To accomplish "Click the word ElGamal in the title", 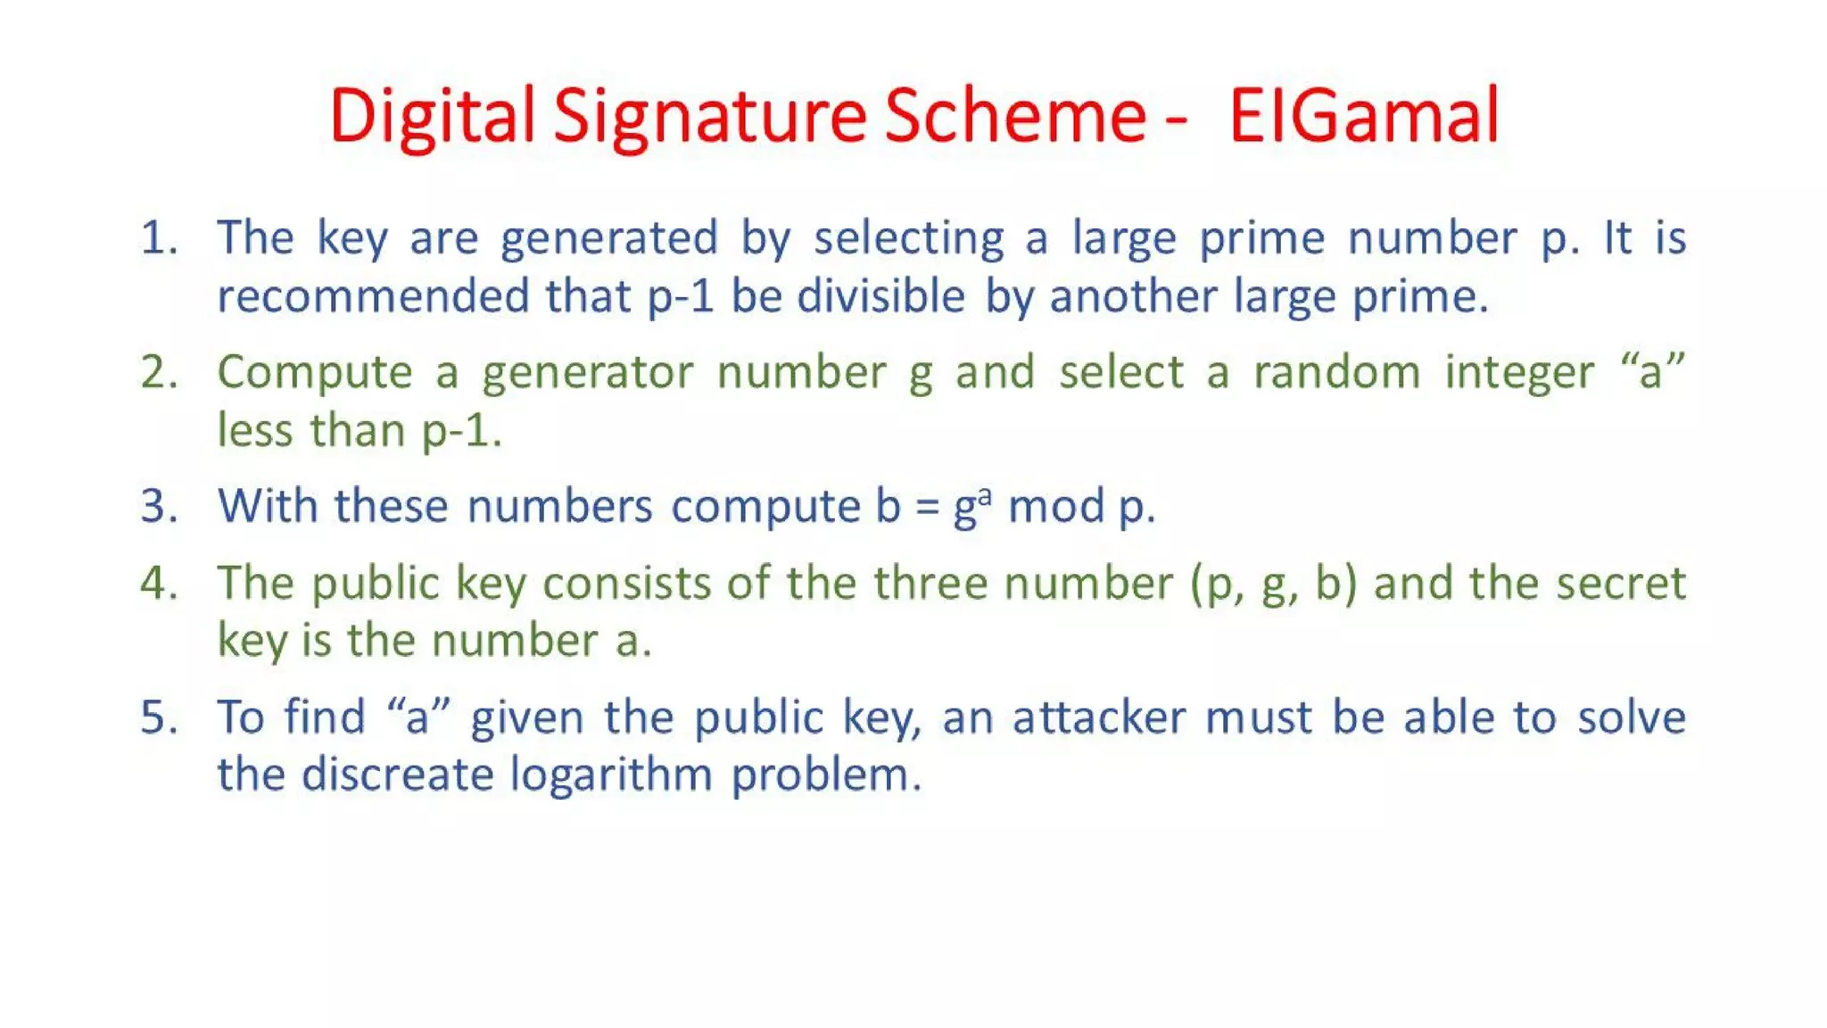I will click(x=1364, y=116).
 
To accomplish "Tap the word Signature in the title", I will click(x=709, y=118).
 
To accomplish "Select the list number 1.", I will click(x=158, y=238).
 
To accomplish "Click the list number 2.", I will click(x=159, y=372).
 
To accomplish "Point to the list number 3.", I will click(x=159, y=506).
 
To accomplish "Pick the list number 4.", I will click(x=159, y=583).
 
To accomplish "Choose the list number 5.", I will click(x=159, y=717).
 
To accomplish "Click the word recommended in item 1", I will click(x=374, y=296).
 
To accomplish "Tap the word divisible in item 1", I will click(x=881, y=296).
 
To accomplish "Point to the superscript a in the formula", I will click(x=985, y=493).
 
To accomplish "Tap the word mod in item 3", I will click(x=1057, y=506).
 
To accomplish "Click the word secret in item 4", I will click(x=1622, y=584).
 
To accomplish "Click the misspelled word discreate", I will click(x=398, y=774).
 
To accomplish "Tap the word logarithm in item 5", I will click(x=611, y=775).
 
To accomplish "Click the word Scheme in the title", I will click(x=1015, y=116).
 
